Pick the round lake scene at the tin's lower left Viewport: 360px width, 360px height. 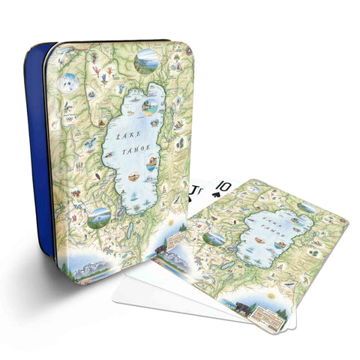(x=99, y=217)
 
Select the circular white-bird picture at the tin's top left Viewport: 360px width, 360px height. (x=70, y=84)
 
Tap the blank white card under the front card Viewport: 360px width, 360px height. (x=142, y=289)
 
